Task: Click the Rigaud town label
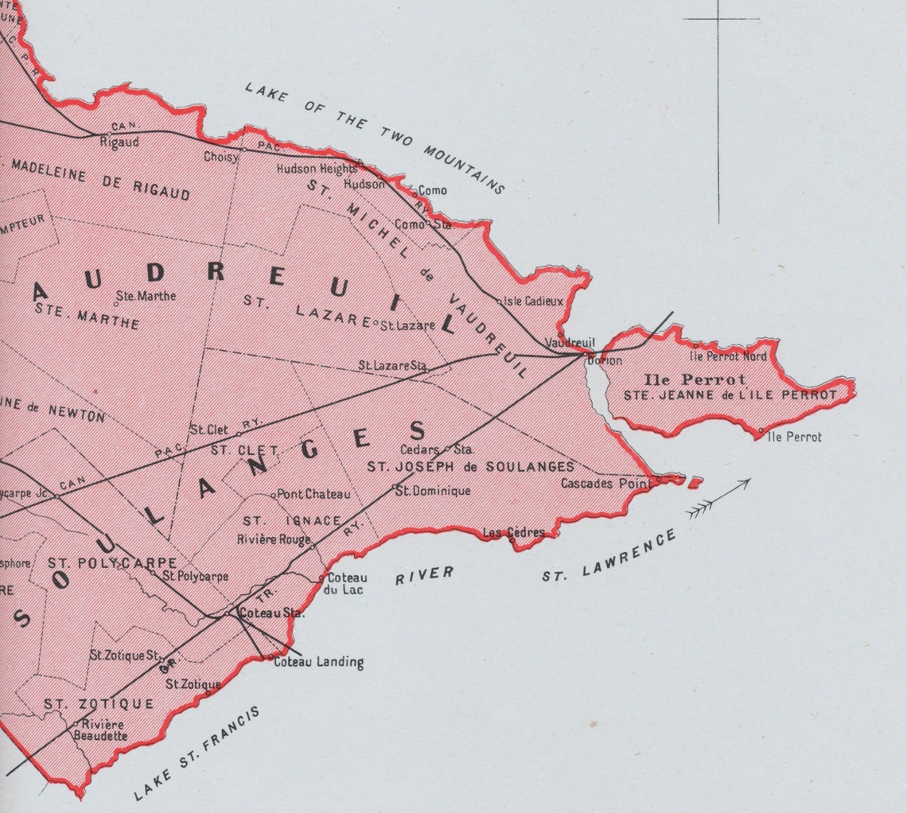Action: [120, 142]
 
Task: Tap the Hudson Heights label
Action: [317, 169]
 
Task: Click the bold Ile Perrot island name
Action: [695, 379]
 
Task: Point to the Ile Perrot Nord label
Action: [734, 356]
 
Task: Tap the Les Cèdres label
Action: [515, 532]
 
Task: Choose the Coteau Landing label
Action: [318, 662]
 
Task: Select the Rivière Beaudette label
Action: [100, 730]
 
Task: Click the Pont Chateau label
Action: [313, 494]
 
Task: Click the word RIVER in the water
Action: [424, 575]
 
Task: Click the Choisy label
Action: [220, 157]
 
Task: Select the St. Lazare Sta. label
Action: [391, 366]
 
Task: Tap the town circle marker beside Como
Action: [414, 191]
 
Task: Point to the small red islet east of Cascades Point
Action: [694, 481]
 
